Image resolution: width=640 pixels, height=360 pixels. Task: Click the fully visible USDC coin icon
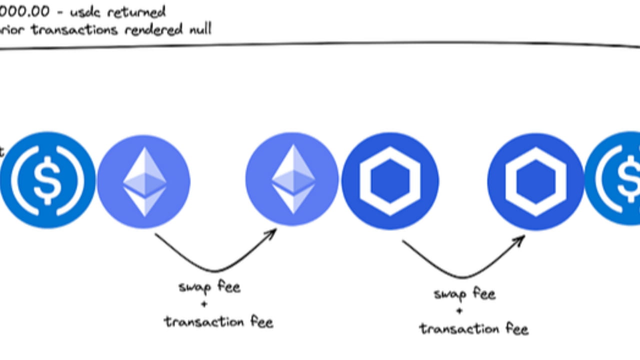47,180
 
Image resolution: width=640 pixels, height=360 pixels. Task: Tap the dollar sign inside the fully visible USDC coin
47,180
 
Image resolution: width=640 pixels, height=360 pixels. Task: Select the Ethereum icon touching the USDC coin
144,181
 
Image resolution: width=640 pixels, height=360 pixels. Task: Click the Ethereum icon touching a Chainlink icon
292,180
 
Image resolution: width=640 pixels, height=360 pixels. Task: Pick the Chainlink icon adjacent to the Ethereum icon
390,181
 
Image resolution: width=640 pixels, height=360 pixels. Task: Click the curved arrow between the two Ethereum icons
215,262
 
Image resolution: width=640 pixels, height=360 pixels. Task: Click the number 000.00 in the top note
25,11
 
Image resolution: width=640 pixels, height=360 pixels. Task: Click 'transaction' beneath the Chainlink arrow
452,329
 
